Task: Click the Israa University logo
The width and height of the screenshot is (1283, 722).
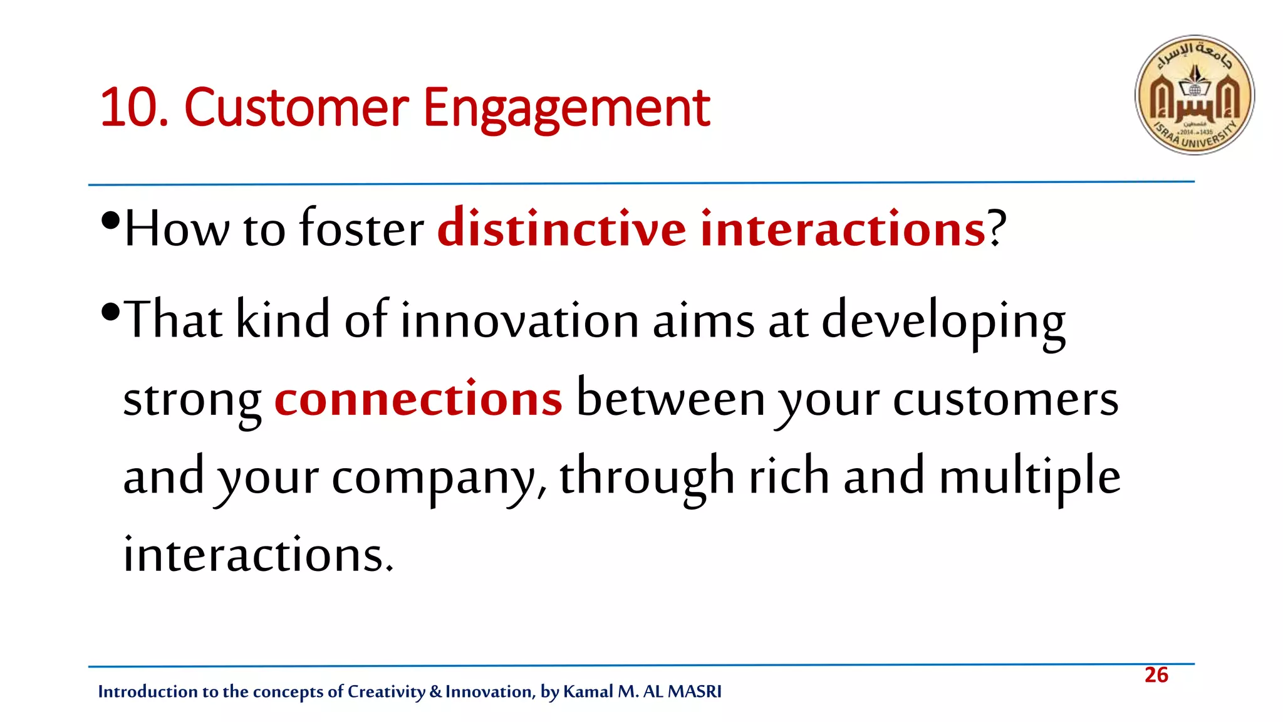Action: [x=1194, y=95]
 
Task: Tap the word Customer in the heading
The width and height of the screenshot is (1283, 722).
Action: [x=296, y=108]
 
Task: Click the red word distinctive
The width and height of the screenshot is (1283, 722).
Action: [x=561, y=228]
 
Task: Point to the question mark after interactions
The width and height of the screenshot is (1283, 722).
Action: [x=997, y=228]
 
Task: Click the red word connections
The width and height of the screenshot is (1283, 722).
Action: [x=418, y=399]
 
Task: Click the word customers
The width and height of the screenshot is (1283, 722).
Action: [x=1005, y=399]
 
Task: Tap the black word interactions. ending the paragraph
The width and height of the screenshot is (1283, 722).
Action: [x=258, y=555]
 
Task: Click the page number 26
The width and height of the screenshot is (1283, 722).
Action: [x=1156, y=675]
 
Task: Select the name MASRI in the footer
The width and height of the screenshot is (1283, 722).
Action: [x=695, y=691]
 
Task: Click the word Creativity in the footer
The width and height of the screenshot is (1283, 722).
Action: [x=386, y=692]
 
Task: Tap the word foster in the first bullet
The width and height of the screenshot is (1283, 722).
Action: [x=361, y=228]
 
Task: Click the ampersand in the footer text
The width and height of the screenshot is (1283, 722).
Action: [x=436, y=692]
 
